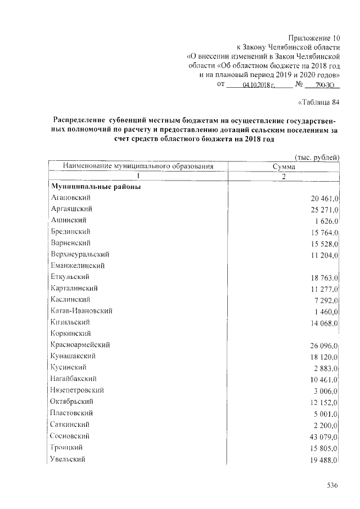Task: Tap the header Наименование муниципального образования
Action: click(x=138, y=166)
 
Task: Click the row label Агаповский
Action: click(x=70, y=198)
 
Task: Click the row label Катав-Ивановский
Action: click(x=82, y=311)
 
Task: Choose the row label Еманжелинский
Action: click(x=78, y=265)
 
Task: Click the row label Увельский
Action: click(x=68, y=459)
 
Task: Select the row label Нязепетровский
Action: click(x=77, y=390)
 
